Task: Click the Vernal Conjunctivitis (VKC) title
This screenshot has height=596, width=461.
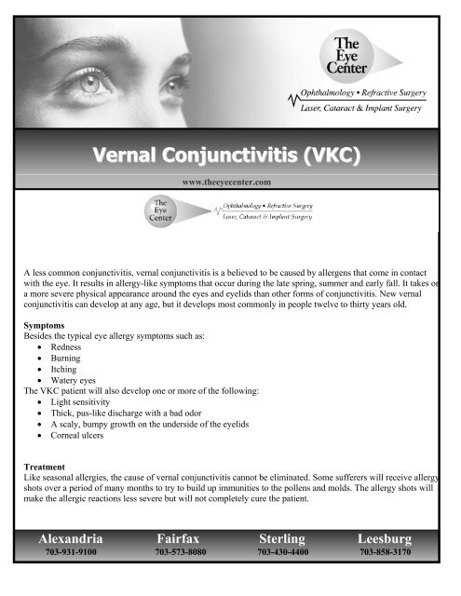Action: [229, 153]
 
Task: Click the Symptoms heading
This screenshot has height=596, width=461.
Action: [47, 328]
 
